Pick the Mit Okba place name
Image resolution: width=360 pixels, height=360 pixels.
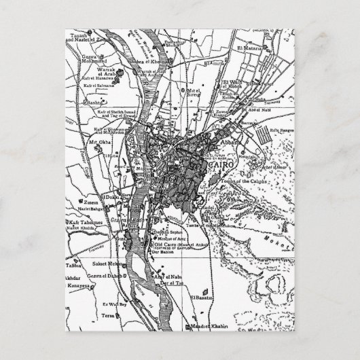[98, 142]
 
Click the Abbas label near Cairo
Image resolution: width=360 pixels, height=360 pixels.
[228, 143]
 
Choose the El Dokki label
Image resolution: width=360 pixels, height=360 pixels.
[111, 199]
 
